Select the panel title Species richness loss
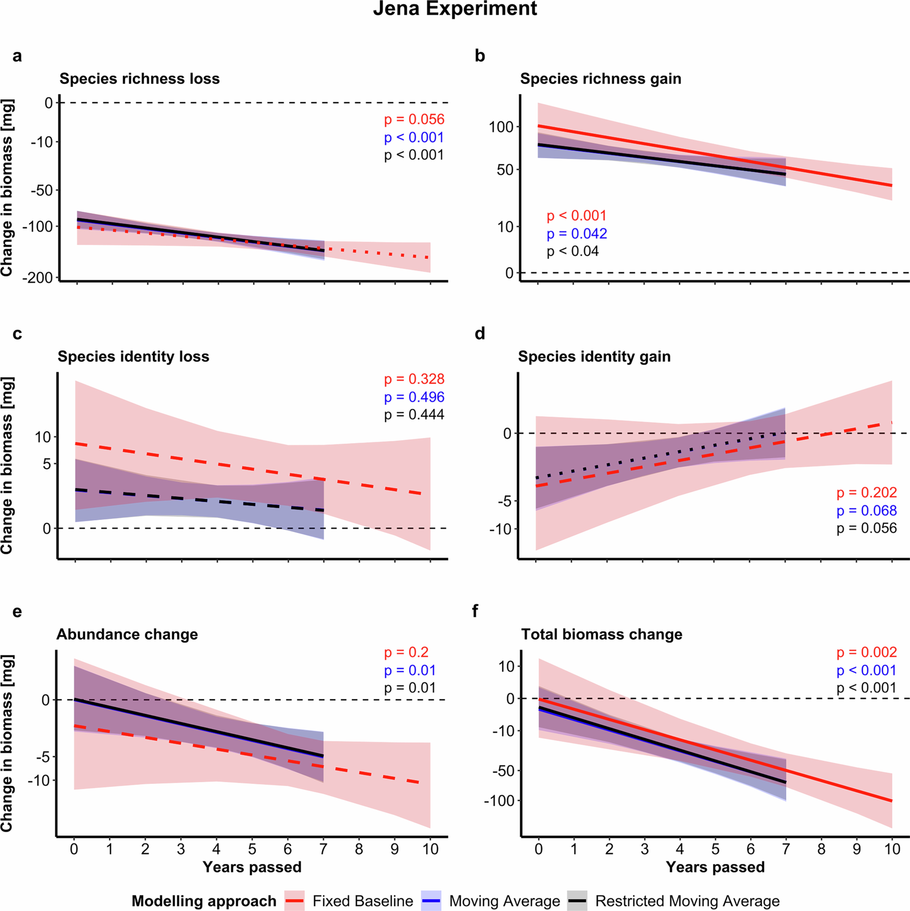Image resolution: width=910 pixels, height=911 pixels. (140, 79)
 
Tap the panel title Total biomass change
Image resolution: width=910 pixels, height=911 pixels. (602, 634)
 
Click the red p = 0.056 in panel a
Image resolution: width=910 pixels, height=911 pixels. (414, 120)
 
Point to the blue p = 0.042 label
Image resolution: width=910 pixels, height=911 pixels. (577, 234)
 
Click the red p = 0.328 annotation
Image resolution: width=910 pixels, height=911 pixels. (414, 379)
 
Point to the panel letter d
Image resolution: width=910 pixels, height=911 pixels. (480, 334)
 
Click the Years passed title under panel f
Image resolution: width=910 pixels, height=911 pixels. (715, 867)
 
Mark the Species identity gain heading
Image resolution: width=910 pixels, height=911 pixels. (594, 357)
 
